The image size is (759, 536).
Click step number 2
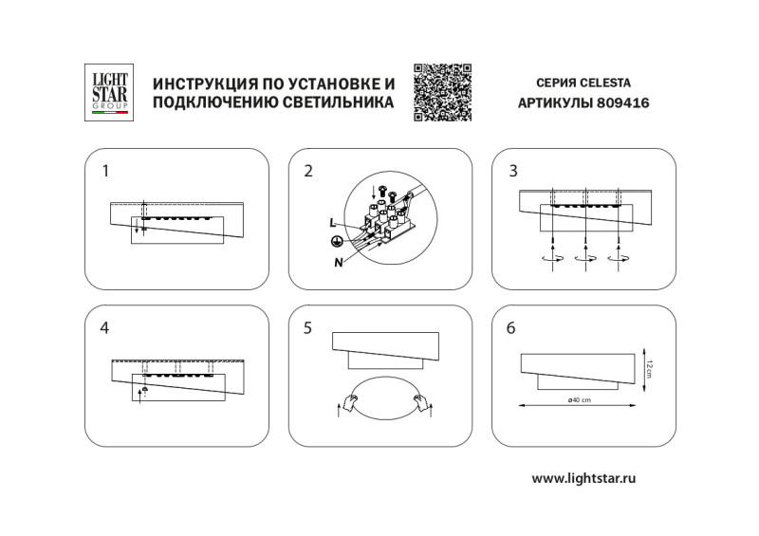click(x=307, y=172)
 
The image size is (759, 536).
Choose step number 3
click(x=513, y=172)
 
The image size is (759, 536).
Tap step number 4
click(x=105, y=328)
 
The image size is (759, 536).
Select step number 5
click(x=307, y=328)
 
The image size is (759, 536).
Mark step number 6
click(x=512, y=328)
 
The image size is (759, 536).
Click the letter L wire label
click(x=332, y=222)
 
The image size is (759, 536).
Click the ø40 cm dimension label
click(x=580, y=398)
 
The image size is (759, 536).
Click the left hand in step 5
click(x=351, y=402)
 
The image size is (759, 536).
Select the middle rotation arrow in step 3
click(x=585, y=257)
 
